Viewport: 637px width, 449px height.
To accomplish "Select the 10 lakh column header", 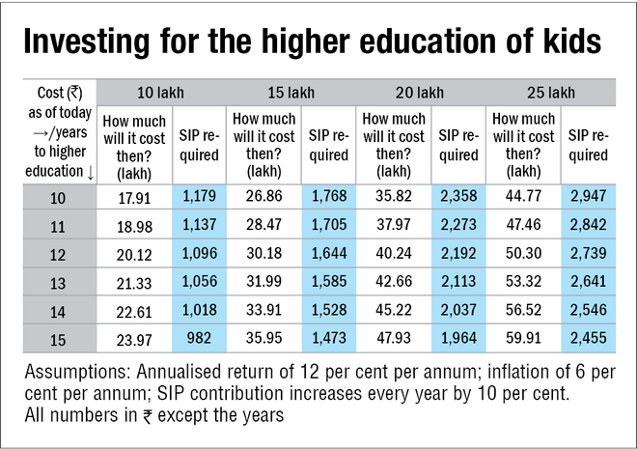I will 160,94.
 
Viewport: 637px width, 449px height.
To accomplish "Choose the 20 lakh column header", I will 420,94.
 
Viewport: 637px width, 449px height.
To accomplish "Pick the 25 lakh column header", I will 550,94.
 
